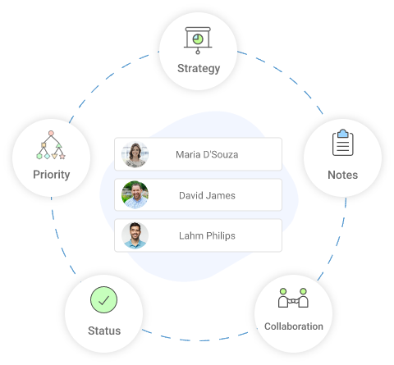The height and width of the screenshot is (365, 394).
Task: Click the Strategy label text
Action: [199, 68]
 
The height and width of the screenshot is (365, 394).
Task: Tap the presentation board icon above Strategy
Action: [198, 39]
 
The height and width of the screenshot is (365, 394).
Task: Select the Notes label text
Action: [342, 175]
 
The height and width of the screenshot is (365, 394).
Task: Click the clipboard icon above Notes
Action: [342, 144]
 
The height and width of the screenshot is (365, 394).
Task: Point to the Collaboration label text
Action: [294, 326]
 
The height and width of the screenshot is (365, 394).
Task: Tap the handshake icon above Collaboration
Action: [293, 298]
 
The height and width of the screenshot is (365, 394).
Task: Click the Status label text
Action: [104, 331]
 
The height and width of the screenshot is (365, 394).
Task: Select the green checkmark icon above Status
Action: [103, 300]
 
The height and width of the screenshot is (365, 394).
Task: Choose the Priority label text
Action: [51, 174]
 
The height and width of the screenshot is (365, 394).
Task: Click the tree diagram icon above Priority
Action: [51, 144]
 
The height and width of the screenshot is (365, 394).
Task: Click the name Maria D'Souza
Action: [207, 154]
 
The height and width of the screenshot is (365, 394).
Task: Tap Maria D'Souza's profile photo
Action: [135, 154]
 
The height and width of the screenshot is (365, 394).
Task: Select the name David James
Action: [207, 195]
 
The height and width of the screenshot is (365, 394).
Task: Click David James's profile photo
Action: [135, 195]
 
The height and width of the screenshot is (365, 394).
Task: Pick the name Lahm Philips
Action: [207, 235]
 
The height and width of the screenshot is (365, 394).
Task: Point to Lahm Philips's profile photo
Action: [135, 235]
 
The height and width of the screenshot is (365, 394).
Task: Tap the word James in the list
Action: [221, 195]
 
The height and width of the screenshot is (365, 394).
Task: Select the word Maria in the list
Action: [188, 154]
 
